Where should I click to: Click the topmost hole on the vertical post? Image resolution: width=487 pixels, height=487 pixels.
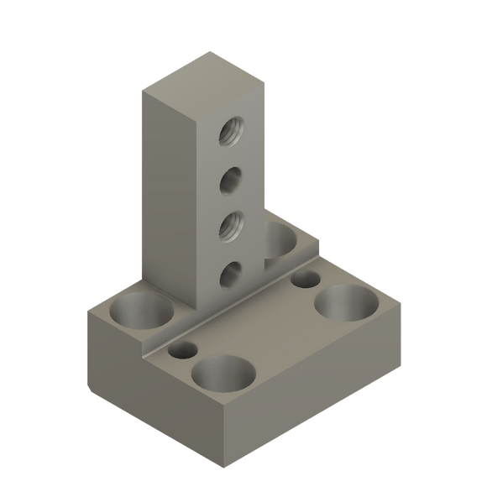(230, 130)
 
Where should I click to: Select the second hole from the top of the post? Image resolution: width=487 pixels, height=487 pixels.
(230, 178)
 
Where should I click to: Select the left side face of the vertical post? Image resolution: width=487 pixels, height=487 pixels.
(169, 193)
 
